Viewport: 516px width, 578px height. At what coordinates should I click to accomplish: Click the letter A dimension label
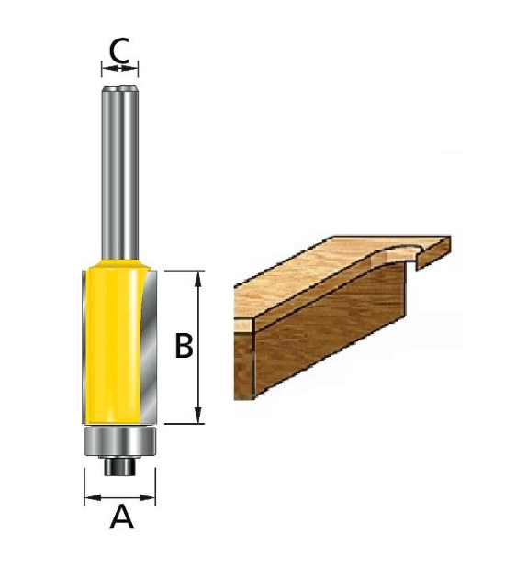coord(121,519)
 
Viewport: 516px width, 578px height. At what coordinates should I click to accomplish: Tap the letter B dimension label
coord(184,347)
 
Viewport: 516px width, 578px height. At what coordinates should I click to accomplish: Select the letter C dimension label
coord(119,50)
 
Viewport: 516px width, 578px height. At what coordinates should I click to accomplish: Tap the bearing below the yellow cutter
coord(121,440)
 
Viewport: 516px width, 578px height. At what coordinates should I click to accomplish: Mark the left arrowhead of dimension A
coord(89,499)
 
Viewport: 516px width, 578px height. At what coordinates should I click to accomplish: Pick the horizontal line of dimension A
coord(121,499)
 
